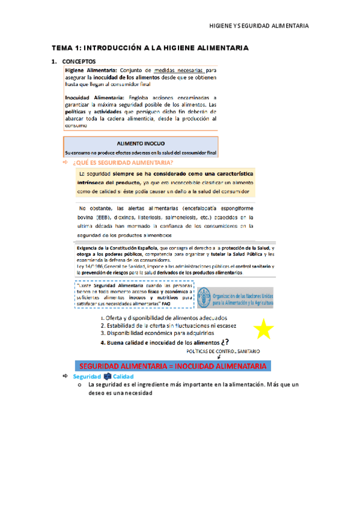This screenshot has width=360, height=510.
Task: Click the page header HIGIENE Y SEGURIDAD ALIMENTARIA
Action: (x=258, y=26)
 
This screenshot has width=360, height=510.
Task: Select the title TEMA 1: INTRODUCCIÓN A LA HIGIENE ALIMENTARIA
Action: (x=150, y=48)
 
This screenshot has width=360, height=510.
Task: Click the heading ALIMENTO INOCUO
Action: (x=141, y=144)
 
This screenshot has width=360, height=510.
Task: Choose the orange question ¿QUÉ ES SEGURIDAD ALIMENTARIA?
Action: (x=123, y=162)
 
